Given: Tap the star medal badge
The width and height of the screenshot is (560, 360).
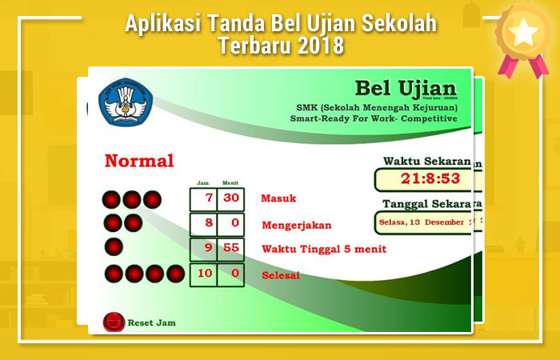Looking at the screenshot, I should point(524,34).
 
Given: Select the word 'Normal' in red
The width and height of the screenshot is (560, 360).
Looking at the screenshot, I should point(139,161).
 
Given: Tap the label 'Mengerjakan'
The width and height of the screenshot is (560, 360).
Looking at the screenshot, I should point(296,225).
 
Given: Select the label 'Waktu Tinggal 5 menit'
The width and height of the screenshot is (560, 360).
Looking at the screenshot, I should point(324,249).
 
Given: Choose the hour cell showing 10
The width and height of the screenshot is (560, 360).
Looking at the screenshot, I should point(205,274).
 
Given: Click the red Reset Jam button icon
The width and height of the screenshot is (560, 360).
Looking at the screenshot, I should point(114,322).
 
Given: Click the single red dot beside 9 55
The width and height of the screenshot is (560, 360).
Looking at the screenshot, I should point(114,247).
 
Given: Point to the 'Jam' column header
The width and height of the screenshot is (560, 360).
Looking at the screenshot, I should point(202,182).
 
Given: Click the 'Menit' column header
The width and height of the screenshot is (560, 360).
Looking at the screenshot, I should point(230,182).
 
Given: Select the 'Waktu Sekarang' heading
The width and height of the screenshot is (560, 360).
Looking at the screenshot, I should point(426,161).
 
